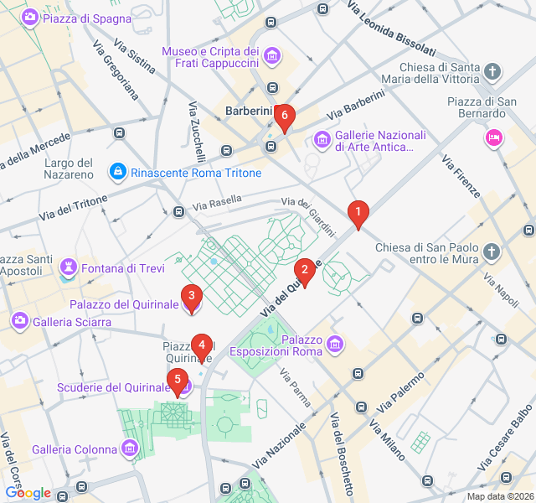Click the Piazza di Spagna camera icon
point(29,18)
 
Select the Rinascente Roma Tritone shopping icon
point(118,173)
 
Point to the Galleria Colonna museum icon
point(130,449)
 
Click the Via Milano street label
point(390,435)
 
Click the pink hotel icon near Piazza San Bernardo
point(494,137)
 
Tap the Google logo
point(28,493)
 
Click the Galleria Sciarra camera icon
point(19,321)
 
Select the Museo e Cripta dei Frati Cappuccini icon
point(272,57)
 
